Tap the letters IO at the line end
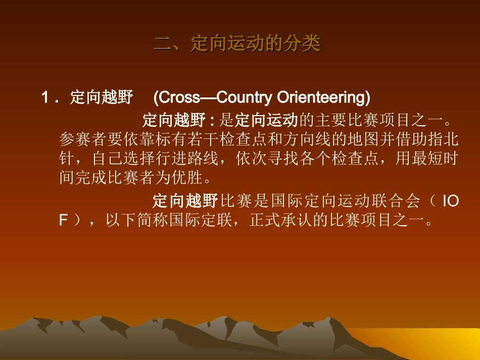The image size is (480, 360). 450,201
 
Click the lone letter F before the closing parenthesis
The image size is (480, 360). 63,221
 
